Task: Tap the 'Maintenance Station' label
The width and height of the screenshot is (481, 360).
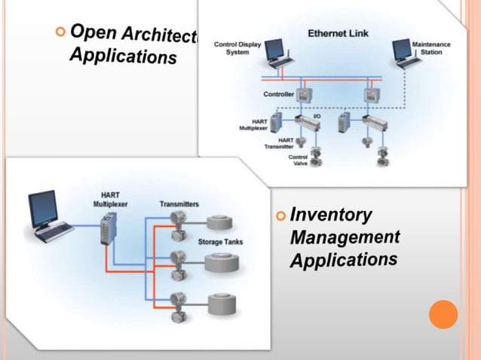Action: pyautogui.click(x=431, y=48)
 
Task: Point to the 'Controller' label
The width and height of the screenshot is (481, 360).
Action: pyautogui.click(x=278, y=94)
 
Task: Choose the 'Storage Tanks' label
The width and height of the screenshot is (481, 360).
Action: pyautogui.click(x=220, y=242)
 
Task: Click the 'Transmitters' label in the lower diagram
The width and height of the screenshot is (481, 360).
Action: pyautogui.click(x=179, y=204)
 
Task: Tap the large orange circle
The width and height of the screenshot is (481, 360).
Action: pyautogui.click(x=443, y=314)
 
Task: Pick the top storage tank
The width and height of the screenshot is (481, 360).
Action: pyautogui.click(x=220, y=222)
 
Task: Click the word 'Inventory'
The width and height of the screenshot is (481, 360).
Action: pyautogui.click(x=332, y=215)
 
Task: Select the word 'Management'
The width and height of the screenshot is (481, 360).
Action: pyautogui.click(x=345, y=238)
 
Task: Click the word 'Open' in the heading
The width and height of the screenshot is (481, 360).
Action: pyautogui.click(x=88, y=32)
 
